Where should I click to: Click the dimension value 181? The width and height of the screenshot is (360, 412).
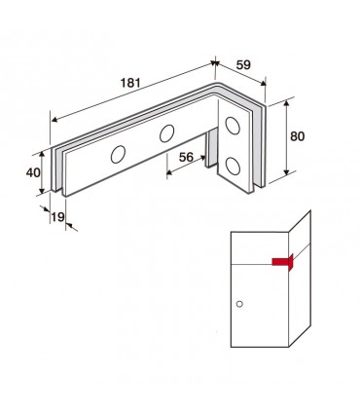(130, 83)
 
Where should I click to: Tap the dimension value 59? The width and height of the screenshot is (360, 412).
(243, 65)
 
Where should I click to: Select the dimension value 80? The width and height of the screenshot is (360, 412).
(298, 136)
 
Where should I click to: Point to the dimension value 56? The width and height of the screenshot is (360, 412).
(186, 157)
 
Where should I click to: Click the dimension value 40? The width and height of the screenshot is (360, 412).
(33, 172)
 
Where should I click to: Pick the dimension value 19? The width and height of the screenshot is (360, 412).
(58, 216)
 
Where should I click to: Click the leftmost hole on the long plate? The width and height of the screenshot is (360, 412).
(118, 154)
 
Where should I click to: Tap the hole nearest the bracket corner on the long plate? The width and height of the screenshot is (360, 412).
(167, 133)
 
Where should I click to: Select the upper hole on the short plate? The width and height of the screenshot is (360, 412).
(233, 126)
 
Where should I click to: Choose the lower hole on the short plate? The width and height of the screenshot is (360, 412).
(233, 166)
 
